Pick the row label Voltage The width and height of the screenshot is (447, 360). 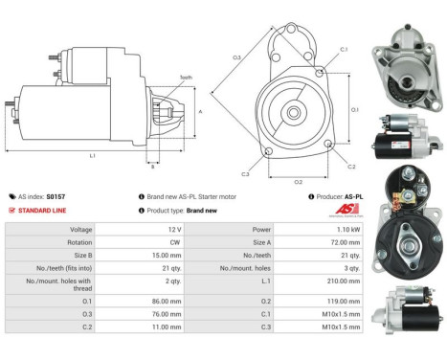point(81,230)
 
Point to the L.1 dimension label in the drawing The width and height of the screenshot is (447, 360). point(91,155)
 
